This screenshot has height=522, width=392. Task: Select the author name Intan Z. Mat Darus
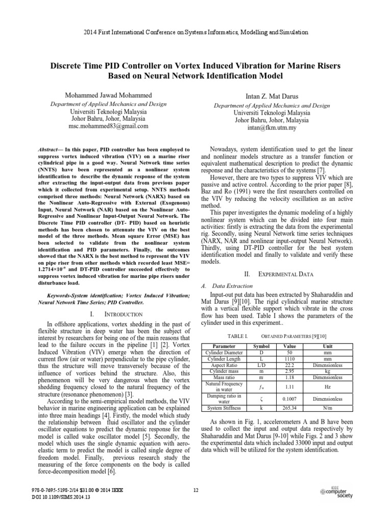[x=271, y=97]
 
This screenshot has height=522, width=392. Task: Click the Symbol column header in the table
[x=261, y=346]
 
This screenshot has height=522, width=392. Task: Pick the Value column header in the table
[x=289, y=346]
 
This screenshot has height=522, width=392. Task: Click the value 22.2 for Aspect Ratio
[x=289, y=366]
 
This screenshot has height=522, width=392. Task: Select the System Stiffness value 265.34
[x=289, y=408]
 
